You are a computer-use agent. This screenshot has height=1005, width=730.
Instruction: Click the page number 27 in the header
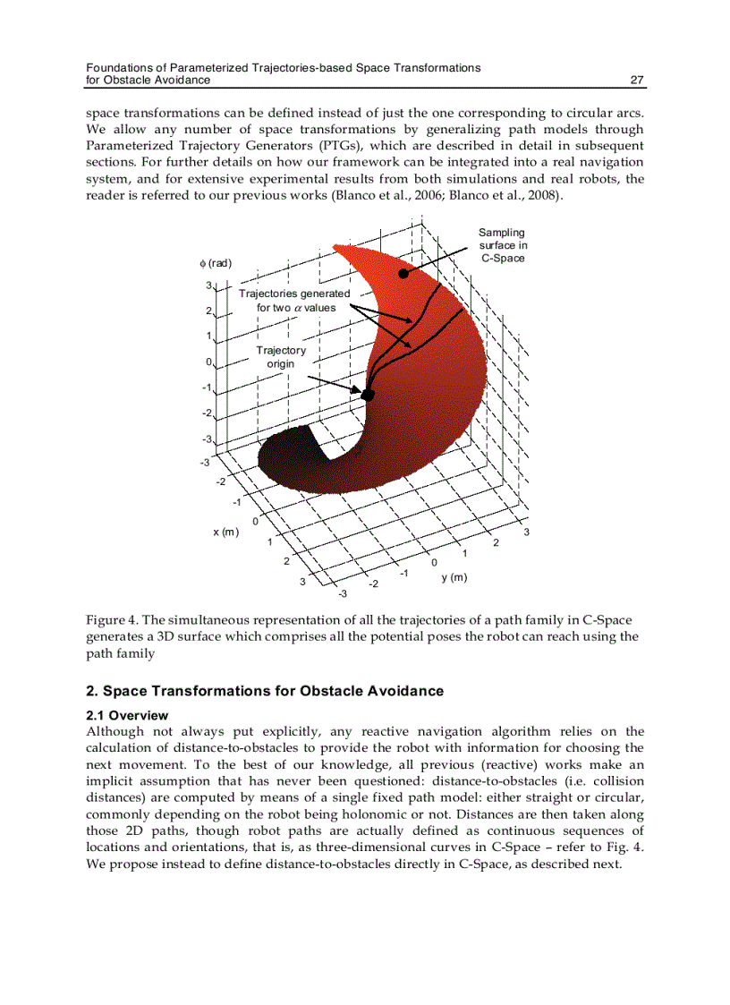(637, 81)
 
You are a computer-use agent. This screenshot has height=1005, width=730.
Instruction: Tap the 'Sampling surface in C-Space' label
(502, 245)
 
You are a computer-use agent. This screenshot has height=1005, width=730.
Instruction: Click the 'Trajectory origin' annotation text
(280, 357)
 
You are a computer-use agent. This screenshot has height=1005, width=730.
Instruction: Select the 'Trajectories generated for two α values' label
(295, 301)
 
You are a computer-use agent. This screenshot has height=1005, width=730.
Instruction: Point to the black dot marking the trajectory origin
(367, 394)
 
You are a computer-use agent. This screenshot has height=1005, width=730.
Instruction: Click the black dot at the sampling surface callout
(404, 274)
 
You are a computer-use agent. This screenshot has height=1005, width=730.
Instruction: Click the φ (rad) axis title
(216, 263)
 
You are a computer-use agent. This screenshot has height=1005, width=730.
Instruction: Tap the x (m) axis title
(225, 532)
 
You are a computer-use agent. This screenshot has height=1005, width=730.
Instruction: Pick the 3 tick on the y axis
(527, 532)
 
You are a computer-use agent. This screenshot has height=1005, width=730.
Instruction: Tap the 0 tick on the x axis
(255, 521)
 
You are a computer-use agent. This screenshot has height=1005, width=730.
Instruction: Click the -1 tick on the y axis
(404, 573)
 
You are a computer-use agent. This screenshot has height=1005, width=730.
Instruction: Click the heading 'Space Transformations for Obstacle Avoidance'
(273, 691)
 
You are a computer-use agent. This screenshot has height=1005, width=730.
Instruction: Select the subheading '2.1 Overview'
(126, 715)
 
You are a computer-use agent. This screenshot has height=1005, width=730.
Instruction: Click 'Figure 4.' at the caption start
(112, 621)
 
